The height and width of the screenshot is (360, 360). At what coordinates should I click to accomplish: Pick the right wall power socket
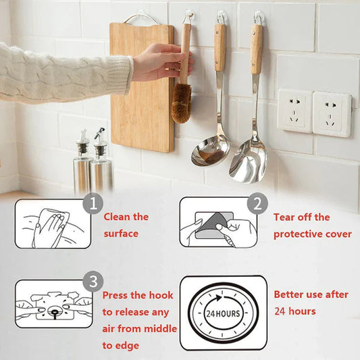[x=331, y=113]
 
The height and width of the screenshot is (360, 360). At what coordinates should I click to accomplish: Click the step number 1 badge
[x=92, y=205]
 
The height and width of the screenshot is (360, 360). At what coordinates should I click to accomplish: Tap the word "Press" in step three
[x=115, y=295]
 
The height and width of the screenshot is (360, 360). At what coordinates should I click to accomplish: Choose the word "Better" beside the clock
[x=289, y=294]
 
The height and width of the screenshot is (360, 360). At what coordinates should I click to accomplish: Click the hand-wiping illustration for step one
[x=51, y=224]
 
